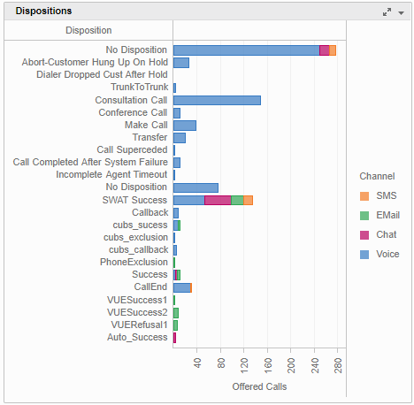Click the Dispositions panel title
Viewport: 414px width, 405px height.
point(44,11)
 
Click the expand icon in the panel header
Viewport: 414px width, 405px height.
point(387,11)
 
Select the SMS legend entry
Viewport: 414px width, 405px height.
point(386,195)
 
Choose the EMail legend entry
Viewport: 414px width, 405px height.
point(388,215)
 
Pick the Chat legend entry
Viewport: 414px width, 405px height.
point(387,234)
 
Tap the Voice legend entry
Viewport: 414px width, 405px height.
point(387,254)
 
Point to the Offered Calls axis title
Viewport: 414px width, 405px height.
point(259,387)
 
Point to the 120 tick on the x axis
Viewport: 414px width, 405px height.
point(244,365)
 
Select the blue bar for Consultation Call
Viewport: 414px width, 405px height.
point(217,100)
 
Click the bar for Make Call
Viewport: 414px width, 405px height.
point(184,126)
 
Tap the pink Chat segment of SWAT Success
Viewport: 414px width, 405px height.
point(218,200)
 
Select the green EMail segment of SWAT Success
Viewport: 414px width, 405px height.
point(237,200)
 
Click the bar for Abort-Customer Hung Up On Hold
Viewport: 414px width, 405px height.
point(180,63)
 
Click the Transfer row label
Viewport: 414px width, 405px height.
point(149,138)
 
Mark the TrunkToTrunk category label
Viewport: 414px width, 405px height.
point(139,88)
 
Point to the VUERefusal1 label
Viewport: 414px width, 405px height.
point(137,325)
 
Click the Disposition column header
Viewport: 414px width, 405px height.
point(88,30)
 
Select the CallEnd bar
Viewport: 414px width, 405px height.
point(181,287)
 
